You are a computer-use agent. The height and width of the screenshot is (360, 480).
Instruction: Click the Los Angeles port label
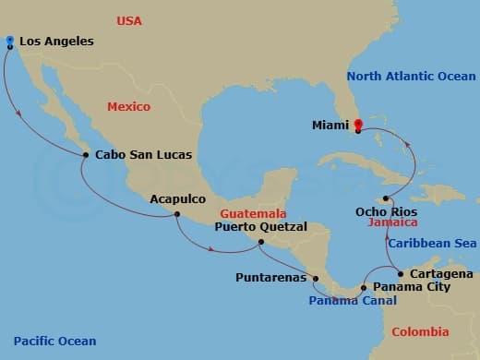click(x=58, y=42)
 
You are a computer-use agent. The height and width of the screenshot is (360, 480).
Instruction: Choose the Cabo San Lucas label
click(x=137, y=154)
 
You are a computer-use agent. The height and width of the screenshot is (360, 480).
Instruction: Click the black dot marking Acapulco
click(x=176, y=215)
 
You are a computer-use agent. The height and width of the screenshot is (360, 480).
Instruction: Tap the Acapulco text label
click(x=178, y=198)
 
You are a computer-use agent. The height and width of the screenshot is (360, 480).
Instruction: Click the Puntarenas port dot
click(x=316, y=278)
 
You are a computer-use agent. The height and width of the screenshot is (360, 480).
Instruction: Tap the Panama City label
click(x=409, y=287)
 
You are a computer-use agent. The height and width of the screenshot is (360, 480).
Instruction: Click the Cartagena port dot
click(x=400, y=274)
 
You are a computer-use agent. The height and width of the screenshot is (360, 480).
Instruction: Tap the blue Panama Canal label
click(x=353, y=301)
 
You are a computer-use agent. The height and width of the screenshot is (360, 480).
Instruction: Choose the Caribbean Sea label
click(x=430, y=243)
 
